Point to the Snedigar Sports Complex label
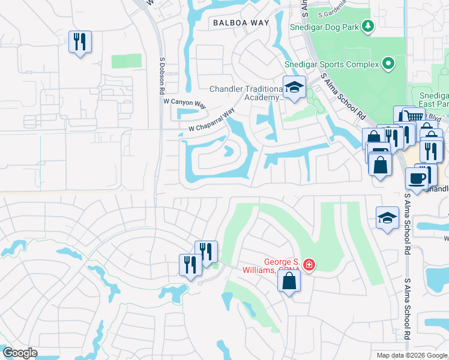click(x=332, y=63)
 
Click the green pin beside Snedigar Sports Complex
click(x=388, y=63)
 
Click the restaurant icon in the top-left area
click(x=80, y=42)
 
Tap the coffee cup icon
click(x=417, y=178)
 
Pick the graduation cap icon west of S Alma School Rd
click(x=388, y=218)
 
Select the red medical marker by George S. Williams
click(x=309, y=265)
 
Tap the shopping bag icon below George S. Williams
click(x=289, y=281)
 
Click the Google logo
click(x=20, y=353)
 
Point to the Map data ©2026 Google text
click(x=412, y=355)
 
